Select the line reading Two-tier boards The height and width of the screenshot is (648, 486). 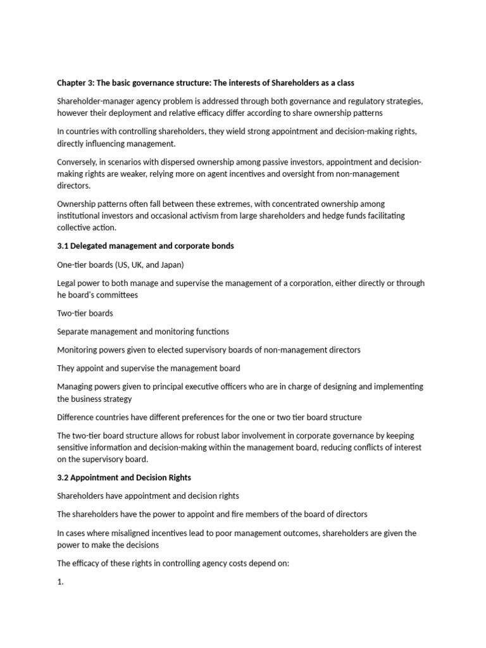(85, 313)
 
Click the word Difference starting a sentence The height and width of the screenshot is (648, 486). (78, 417)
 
